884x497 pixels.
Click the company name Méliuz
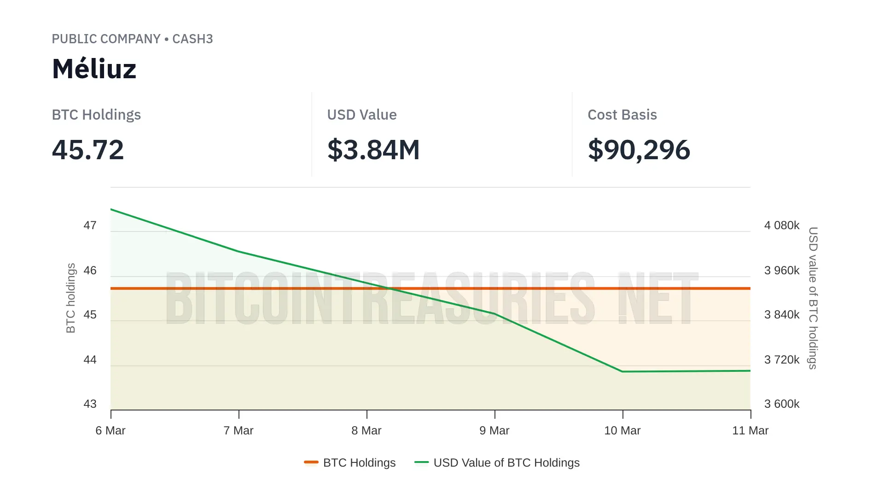coord(94,69)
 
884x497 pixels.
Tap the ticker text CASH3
coord(192,39)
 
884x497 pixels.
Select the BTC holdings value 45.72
coord(88,150)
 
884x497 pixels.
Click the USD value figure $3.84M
coord(373,150)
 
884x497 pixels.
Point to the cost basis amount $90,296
coord(639,150)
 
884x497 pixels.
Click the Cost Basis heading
coord(622,115)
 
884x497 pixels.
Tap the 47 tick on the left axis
coord(90,225)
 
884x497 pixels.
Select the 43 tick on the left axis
coord(90,404)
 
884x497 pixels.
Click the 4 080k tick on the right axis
coord(782,225)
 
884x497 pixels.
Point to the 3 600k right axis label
coord(782,404)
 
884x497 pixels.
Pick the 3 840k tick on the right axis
coord(782,315)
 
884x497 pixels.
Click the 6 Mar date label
coord(110,431)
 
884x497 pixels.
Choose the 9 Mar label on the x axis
coord(494,431)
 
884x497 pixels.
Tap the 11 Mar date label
coord(750,431)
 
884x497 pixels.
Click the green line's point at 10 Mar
coord(622,371)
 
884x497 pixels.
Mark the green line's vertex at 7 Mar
coord(238,251)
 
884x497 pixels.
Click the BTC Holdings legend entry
coord(350,462)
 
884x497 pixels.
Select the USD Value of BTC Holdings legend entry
coord(497,462)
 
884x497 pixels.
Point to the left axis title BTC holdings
coord(70,298)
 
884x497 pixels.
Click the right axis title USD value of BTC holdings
coord(813,298)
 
